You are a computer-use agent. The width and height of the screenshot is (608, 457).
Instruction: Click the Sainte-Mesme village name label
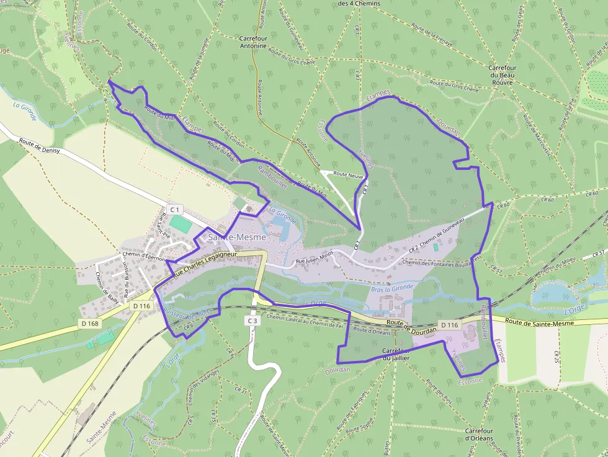pyautogui.click(x=236, y=237)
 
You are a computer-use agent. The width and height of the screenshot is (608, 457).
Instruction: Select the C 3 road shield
pyautogui.click(x=252, y=321)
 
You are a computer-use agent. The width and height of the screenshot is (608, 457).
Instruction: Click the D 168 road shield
pyautogui.click(x=89, y=323)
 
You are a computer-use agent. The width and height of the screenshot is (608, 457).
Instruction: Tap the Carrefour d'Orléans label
pyautogui.click(x=479, y=434)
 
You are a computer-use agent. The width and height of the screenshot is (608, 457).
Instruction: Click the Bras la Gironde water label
pyautogui.click(x=392, y=289)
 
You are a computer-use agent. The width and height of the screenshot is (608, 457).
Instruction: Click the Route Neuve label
pyautogui.click(x=348, y=175)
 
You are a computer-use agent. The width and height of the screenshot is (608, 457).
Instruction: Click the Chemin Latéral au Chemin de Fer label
pyautogui.click(x=305, y=321)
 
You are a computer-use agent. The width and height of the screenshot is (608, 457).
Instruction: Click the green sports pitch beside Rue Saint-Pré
pyautogui.click(x=181, y=223)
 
